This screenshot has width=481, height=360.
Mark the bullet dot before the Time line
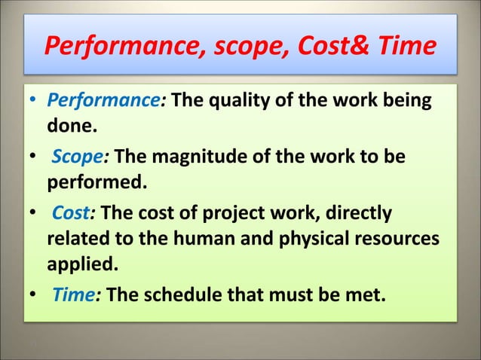click(x=34, y=293)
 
